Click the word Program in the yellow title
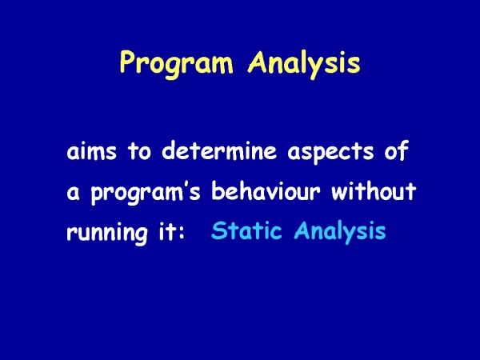[176, 64]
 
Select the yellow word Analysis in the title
[304, 64]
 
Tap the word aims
[91, 150]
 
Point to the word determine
[219, 150]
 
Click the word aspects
[330, 153]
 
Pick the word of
[397, 150]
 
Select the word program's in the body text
[146, 193]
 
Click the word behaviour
[266, 190]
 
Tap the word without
[374, 190]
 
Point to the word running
[107, 233]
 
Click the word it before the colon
[166, 230]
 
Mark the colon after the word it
[181, 234]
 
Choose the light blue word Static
[246, 230]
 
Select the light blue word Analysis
[340, 232]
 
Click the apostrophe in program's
[186, 186]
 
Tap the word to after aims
[139, 150]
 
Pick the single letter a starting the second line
[73, 194]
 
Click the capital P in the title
[127, 62]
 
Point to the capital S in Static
[218, 230]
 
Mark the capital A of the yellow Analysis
[258, 62]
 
